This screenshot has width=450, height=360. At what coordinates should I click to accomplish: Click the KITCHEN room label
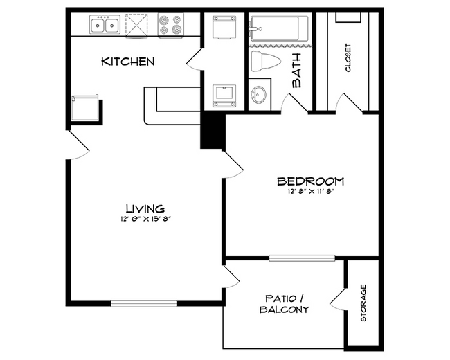tap(127, 62)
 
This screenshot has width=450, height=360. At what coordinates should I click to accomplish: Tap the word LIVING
tap(145, 208)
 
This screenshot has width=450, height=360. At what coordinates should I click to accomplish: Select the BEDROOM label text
tap(311, 181)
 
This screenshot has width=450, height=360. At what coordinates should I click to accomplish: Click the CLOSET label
tap(348, 58)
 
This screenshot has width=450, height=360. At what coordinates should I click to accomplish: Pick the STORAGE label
tap(363, 303)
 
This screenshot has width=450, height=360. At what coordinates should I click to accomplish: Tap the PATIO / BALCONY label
tap(284, 304)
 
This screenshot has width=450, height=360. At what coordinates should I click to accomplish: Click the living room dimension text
tap(145, 219)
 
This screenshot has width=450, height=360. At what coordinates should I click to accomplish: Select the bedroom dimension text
tap(311, 192)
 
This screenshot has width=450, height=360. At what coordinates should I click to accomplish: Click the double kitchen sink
tap(106, 26)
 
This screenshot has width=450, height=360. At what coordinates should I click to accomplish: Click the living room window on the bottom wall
tap(143, 302)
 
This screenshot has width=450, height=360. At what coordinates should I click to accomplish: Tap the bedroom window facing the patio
tap(302, 258)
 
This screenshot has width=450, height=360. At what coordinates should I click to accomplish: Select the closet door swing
tap(349, 103)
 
